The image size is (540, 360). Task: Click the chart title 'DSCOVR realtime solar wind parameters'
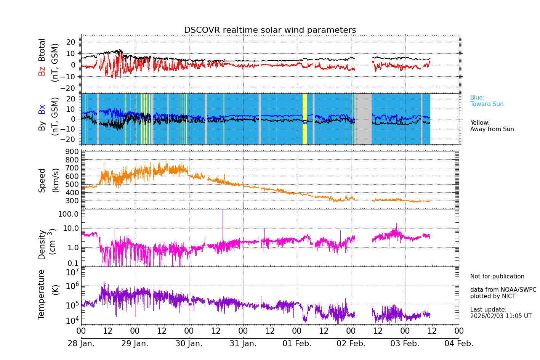pos(270,30)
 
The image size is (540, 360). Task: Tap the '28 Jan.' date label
pos(81,344)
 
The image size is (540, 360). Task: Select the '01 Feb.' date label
pos(297,344)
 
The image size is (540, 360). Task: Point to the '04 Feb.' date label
pos(459,344)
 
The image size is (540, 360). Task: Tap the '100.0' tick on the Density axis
pos(69,214)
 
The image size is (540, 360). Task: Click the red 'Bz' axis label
pos(42,71)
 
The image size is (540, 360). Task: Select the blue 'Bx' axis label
pos(42,109)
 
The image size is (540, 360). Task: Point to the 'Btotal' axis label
pos(42,50)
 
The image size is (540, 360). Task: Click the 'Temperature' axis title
pos(42,294)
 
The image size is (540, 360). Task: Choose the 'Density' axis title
pos(42,244)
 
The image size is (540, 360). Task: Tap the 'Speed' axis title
pos(42,180)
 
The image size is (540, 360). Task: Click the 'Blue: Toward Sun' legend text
pos(487,101)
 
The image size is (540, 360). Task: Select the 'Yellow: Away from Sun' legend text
pos(492,126)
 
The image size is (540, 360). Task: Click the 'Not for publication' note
pos(497,276)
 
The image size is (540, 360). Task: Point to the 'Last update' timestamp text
pos(500,313)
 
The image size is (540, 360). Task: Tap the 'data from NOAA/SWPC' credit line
pos(503,290)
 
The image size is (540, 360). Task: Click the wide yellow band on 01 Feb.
pos(304,119)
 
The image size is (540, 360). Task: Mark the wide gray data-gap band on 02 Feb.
pos(363,119)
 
